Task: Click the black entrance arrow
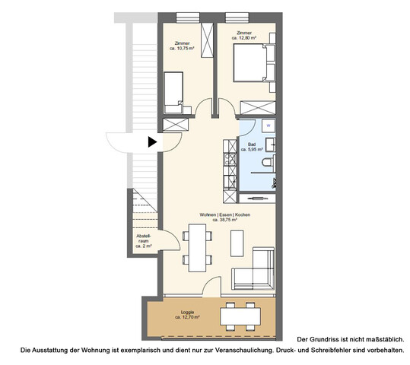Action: pyautogui.click(x=152, y=141)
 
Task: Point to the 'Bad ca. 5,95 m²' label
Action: pyautogui.click(x=251, y=148)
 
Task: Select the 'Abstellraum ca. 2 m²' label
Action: pyautogui.click(x=144, y=243)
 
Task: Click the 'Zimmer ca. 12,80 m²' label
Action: pyautogui.click(x=243, y=36)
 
